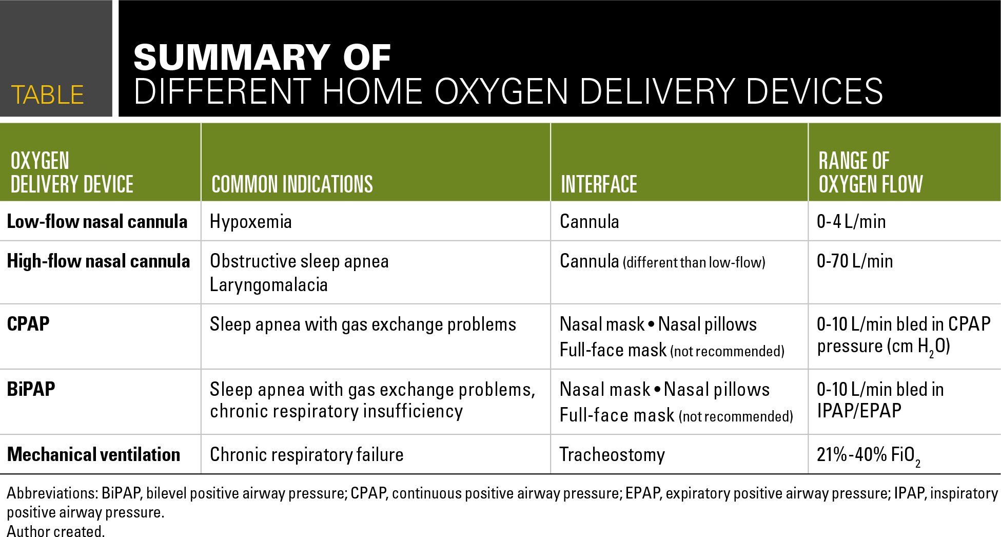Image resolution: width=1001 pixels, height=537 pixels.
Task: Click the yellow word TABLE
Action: (47, 95)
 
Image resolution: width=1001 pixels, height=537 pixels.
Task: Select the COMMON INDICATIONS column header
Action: (292, 184)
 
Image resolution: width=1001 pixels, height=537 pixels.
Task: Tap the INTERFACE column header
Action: (599, 184)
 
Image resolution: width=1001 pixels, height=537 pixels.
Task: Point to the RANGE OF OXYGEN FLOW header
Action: (871, 172)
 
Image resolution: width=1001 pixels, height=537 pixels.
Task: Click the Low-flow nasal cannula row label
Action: (97, 221)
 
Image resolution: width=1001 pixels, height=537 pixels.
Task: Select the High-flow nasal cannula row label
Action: (99, 261)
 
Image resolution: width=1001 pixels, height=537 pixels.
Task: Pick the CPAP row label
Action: (28, 324)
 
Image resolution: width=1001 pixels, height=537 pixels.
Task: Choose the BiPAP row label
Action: (31, 389)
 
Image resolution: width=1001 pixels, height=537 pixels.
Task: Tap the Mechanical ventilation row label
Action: (93, 454)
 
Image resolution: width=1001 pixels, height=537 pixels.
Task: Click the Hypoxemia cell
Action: (251, 221)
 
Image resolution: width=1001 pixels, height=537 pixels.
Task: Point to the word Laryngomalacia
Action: (269, 284)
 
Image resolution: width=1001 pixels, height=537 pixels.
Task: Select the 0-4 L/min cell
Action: (851, 221)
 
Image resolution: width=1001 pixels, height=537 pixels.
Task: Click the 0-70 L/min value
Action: (855, 261)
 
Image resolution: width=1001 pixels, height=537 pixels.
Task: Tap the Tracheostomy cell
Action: (612, 454)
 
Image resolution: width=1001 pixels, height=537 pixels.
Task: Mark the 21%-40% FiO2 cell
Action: (869, 456)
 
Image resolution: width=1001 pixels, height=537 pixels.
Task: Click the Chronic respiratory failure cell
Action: (307, 454)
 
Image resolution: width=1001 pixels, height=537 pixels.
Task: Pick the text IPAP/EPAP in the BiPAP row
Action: (859, 411)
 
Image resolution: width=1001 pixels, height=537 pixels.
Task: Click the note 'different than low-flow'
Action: (694, 263)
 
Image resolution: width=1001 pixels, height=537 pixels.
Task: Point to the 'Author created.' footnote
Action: (55, 531)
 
